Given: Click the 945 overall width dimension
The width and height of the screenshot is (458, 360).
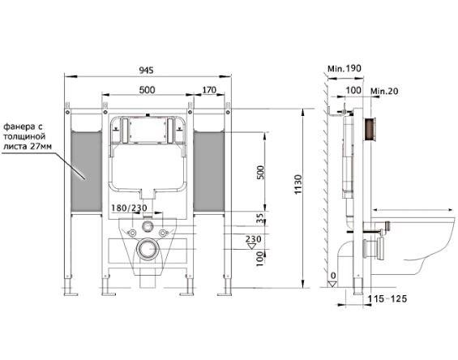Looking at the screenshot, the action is (146, 71).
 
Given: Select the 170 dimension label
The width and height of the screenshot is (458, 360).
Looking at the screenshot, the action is (209, 90).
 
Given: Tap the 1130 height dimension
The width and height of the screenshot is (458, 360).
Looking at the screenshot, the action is (298, 184).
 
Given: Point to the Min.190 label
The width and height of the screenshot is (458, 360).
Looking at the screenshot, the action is (345, 69).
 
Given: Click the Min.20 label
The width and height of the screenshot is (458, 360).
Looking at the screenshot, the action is (384, 91).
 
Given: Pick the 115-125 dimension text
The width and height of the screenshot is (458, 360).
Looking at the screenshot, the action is (387, 298).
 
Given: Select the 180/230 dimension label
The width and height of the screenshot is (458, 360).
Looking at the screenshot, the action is (129, 208).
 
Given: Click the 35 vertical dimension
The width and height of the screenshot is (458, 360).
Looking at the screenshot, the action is (260, 218).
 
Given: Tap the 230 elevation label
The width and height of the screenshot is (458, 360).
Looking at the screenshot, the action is (253, 239).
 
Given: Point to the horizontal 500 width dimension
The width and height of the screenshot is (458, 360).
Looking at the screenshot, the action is (147, 90).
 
